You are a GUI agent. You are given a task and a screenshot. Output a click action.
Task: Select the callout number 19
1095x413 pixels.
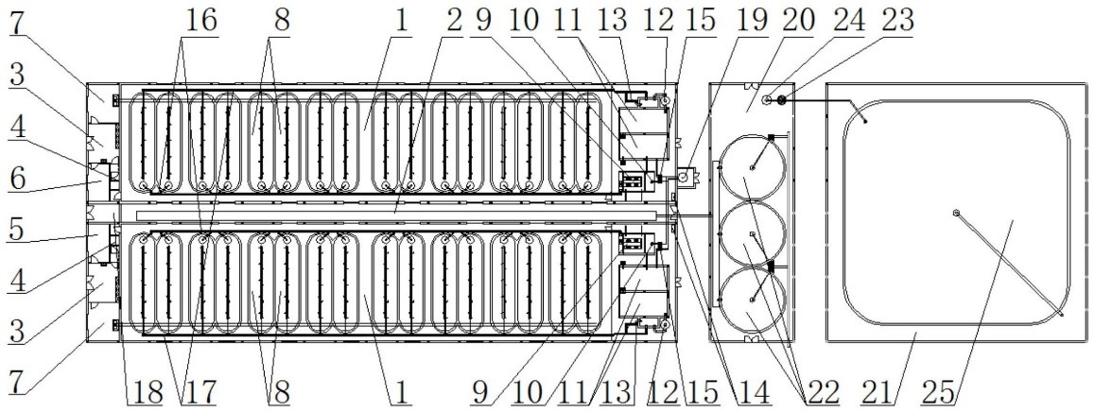tap(749, 20)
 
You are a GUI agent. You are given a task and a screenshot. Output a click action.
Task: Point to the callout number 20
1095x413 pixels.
tap(798, 20)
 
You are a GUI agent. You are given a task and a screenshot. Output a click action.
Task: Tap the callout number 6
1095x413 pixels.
tap(18, 179)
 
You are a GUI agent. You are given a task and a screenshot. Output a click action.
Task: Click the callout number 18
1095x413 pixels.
tap(144, 392)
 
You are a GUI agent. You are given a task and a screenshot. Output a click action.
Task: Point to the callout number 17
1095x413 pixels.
tap(197, 392)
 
